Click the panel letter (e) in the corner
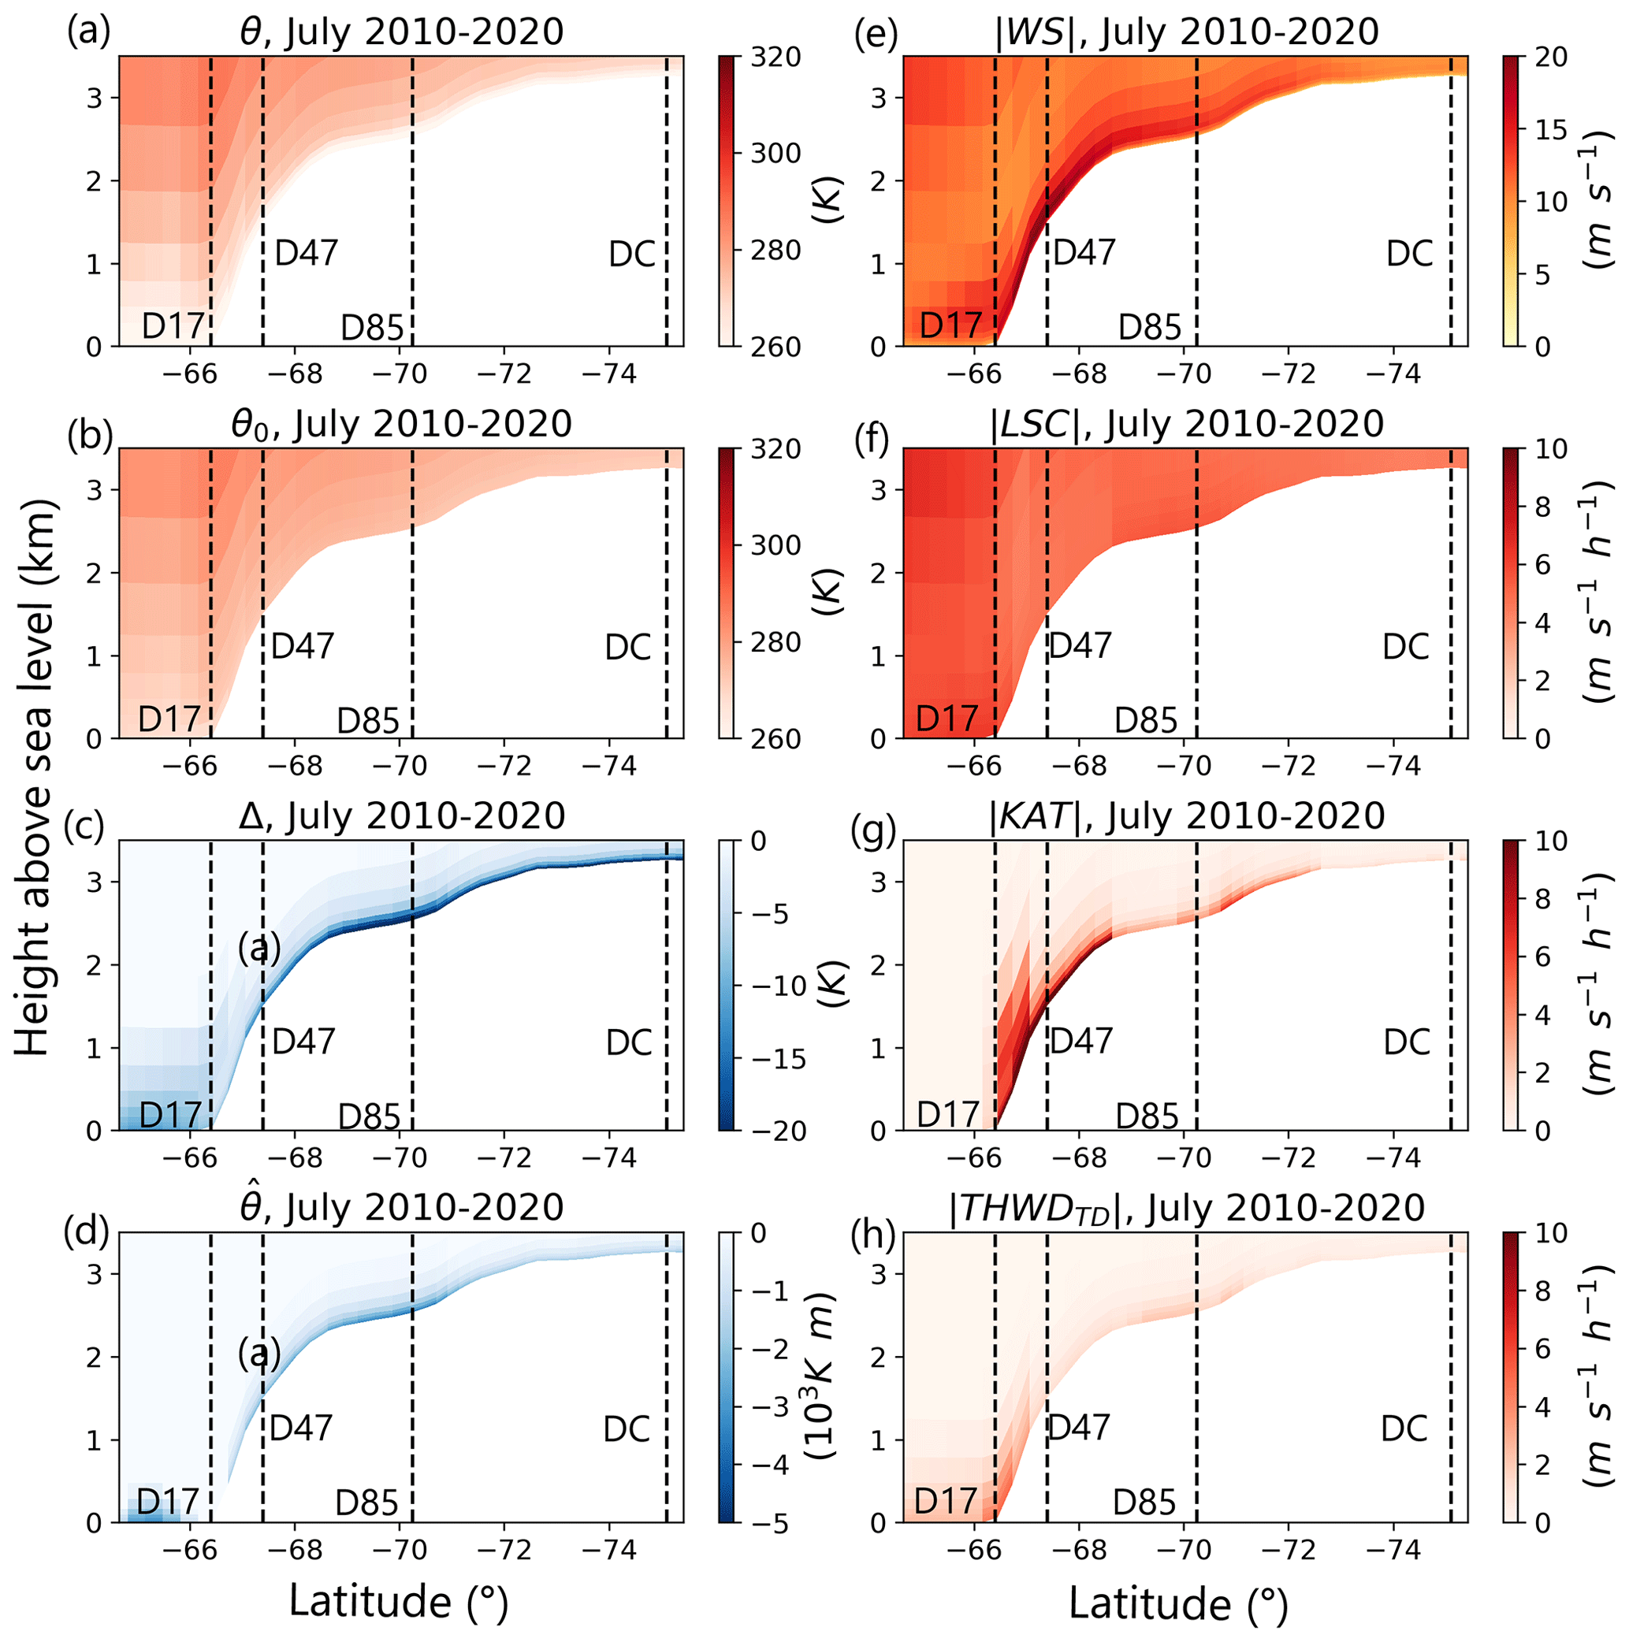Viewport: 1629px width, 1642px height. tap(875, 33)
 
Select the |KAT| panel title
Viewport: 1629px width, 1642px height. tap(1186, 816)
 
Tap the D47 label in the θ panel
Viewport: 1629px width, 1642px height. tap(306, 253)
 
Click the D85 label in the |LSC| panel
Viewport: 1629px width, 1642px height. tap(1145, 721)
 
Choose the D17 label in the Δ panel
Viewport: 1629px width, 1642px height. tap(170, 1115)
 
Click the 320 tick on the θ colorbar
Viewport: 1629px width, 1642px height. tap(775, 57)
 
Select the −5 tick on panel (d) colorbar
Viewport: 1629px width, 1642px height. tap(769, 1522)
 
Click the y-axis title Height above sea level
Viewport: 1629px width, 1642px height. tap(34, 778)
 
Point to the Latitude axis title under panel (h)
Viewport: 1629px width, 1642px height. tap(1178, 1603)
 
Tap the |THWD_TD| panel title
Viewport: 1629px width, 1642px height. tap(1186, 1208)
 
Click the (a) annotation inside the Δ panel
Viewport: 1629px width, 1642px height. tap(259, 949)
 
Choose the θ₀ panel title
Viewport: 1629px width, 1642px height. tap(401, 424)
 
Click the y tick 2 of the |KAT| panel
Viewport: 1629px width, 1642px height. tap(878, 964)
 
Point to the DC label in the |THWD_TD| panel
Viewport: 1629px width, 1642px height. tap(1404, 1429)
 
